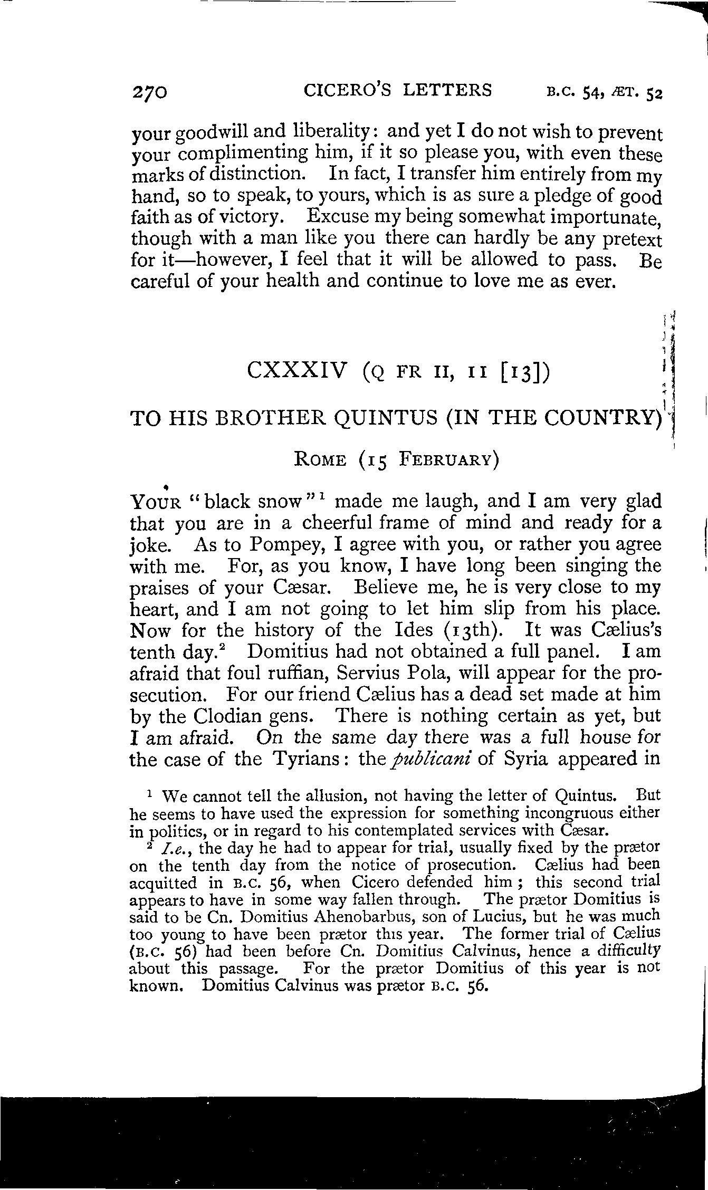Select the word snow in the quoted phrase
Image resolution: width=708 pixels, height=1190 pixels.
(x=277, y=501)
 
